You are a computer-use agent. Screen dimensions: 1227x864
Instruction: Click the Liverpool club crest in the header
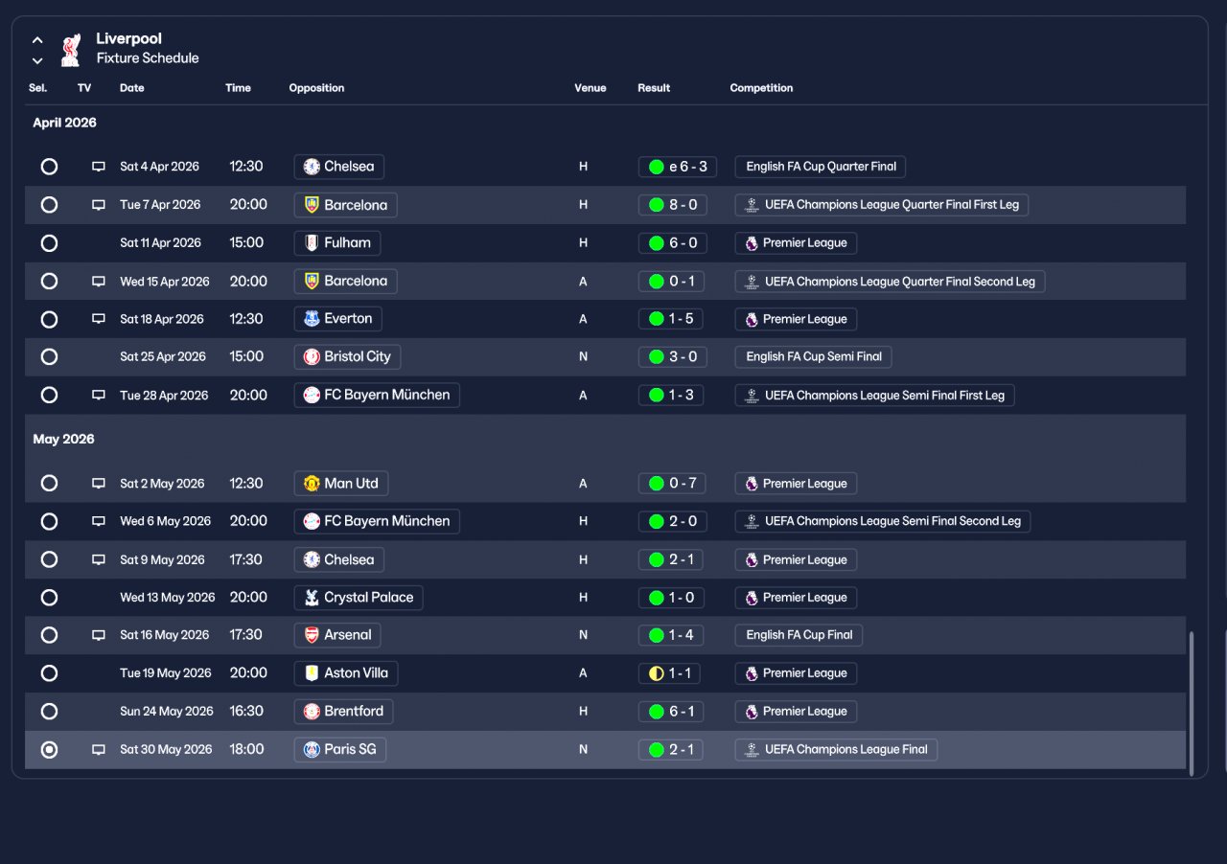[71, 50]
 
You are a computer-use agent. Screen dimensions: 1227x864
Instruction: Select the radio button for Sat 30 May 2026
[49, 750]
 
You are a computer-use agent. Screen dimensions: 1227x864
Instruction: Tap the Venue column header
[590, 87]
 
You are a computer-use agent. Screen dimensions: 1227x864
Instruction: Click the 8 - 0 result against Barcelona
[672, 205]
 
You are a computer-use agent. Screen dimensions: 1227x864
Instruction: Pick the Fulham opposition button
[336, 243]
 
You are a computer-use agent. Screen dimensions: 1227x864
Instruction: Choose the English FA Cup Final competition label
[799, 635]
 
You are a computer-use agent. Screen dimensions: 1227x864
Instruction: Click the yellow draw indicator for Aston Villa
[657, 673]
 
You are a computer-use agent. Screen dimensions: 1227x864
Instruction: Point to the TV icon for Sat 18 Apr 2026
[99, 319]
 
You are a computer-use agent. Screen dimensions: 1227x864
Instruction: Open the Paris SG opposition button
[339, 750]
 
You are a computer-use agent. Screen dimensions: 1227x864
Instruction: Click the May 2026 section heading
[63, 439]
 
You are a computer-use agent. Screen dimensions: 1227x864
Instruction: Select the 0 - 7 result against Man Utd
[672, 484]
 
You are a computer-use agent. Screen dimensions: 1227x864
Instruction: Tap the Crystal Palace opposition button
[359, 598]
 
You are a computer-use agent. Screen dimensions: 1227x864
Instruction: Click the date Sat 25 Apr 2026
[163, 356]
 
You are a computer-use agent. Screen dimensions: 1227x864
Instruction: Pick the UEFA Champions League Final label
[836, 750]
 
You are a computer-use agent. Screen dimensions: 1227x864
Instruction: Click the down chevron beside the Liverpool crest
[37, 60]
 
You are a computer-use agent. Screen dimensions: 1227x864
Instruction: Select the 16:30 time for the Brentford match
[246, 712]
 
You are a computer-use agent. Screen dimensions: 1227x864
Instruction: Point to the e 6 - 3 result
[677, 167]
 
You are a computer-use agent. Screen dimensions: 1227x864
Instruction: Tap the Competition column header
[761, 87]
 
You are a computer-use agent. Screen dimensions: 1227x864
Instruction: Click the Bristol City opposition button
[347, 357]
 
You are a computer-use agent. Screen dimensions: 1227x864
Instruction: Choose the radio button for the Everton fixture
[49, 319]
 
